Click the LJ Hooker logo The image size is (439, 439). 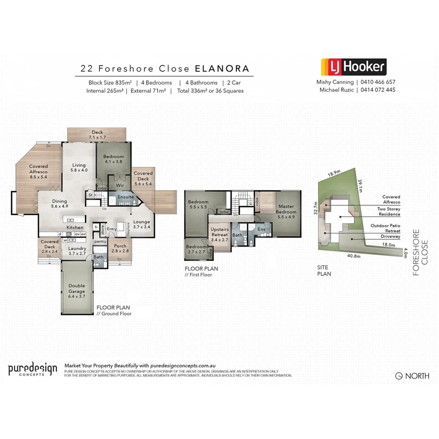click(353, 67)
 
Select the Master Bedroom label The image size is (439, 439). click(286, 209)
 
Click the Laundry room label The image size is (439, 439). click(77, 251)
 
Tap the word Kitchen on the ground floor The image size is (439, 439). click(75, 228)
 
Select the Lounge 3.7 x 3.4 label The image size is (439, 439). click(142, 225)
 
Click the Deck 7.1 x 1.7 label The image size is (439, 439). click(98, 135)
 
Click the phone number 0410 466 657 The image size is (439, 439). click(378, 82)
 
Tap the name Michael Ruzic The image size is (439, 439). click(336, 89)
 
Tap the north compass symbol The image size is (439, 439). click(399, 376)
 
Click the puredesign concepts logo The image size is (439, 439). click(33, 370)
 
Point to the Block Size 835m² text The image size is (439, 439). click(109, 82)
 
